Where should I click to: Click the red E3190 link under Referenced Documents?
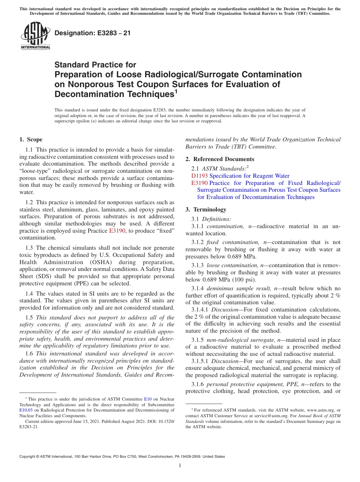point(199,183)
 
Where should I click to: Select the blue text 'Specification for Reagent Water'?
point(249,176)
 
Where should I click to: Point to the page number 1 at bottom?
point(180,466)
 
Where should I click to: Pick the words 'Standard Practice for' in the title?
point(95,65)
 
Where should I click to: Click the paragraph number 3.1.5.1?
point(200,361)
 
